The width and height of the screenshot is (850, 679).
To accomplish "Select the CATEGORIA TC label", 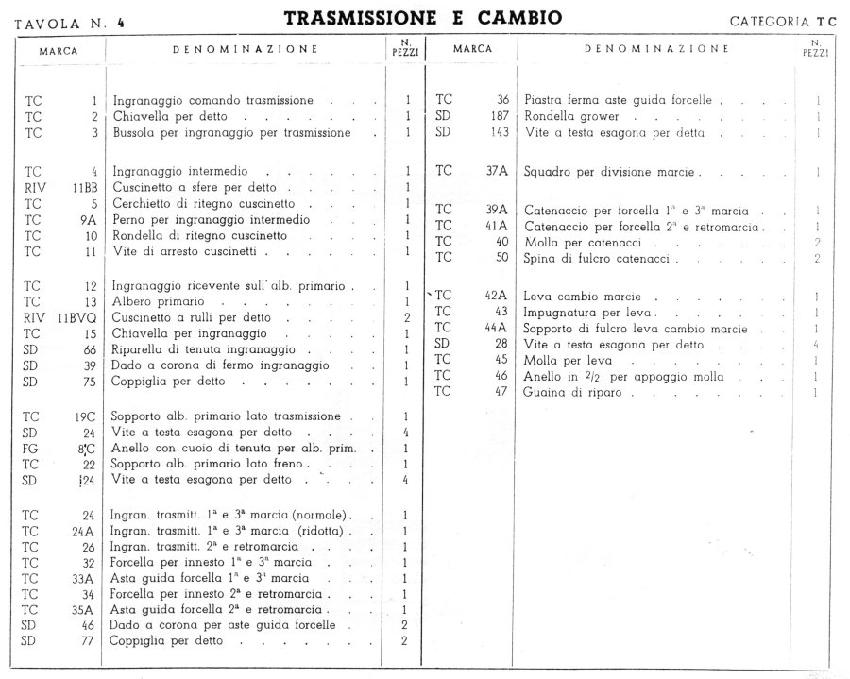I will (784, 20).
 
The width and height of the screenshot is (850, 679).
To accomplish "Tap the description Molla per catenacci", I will (577, 242).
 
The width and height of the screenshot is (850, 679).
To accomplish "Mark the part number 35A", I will (84, 609).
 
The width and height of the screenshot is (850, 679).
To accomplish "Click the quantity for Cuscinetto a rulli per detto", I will (406, 317).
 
